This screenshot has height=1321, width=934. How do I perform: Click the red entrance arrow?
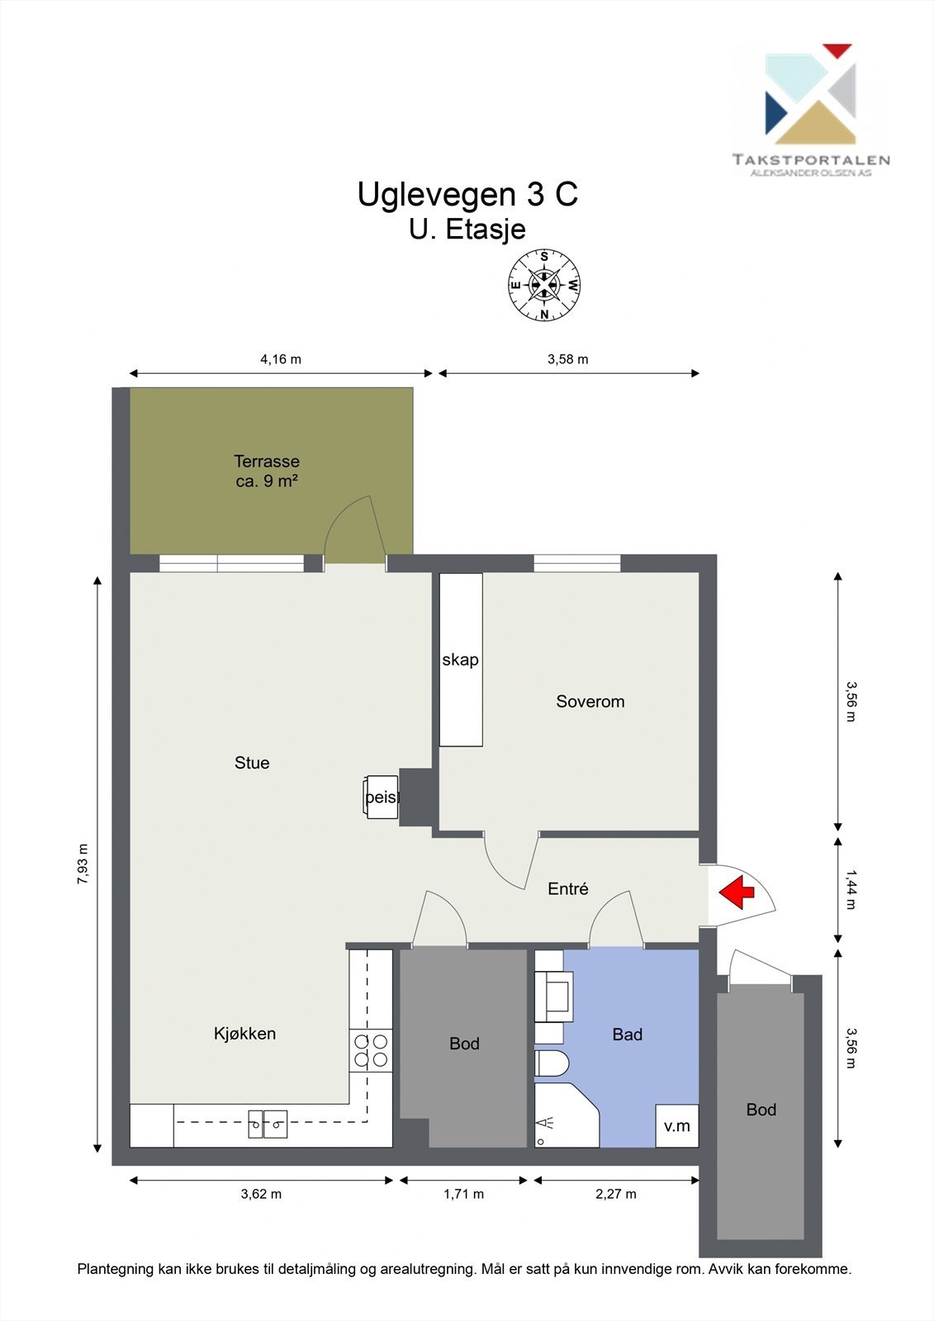(737, 892)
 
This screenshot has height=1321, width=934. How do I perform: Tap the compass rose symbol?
(544, 285)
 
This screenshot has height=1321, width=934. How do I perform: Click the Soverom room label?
(590, 701)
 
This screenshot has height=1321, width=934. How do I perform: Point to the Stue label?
(252, 763)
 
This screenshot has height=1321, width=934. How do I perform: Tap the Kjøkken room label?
(245, 1033)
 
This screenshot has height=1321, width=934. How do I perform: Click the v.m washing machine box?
(676, 1125)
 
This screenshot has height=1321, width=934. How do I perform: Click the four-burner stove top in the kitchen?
(371, 1050)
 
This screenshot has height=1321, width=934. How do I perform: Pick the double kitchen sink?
(268, 1124)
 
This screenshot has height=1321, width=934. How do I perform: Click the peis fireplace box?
(382, 798)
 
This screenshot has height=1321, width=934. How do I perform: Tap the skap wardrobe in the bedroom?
(461, 660)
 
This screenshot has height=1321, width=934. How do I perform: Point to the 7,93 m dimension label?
(83, 864)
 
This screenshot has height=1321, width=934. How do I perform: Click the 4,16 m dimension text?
(281, 358)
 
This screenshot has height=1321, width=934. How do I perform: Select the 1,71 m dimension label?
(464, 1194)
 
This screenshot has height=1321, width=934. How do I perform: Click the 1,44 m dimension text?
(851, 889)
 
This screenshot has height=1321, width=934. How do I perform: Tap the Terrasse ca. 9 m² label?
(267, 471)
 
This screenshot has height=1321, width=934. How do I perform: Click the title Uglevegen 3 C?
(467, 194)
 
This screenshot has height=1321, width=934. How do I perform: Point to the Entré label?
(567, 888)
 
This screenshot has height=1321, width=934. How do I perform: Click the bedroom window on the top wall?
(577, 563)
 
